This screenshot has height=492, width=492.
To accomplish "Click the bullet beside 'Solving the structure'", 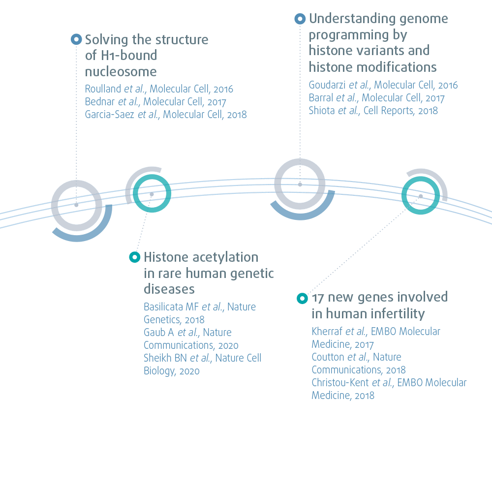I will (x=76, y=39).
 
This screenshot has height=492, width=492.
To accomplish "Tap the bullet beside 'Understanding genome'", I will (x=300, y=19).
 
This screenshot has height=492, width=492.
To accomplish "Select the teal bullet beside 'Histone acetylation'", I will (x=134, y=257).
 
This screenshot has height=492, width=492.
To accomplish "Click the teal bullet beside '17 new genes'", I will (x=302, y=298).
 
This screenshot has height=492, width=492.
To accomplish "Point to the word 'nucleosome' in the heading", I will (x=121, y=71).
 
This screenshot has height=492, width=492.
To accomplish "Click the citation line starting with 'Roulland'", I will (x=159, y=89).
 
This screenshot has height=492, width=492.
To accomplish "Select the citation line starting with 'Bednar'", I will (x=155, y=102).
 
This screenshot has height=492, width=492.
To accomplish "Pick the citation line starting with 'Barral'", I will (x=376, y=98).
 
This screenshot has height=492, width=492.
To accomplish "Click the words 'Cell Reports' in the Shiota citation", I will (x=388, y=111).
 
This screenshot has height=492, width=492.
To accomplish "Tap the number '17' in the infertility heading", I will (x=317, y=298).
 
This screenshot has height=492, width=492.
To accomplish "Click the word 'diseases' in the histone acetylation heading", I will (x=169, y=288).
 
